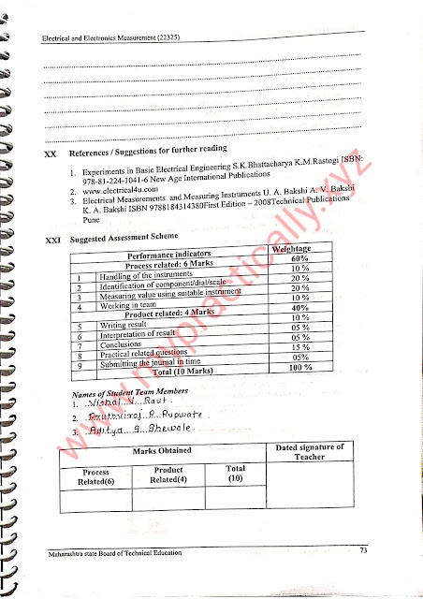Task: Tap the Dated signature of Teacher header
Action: (311, 452)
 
